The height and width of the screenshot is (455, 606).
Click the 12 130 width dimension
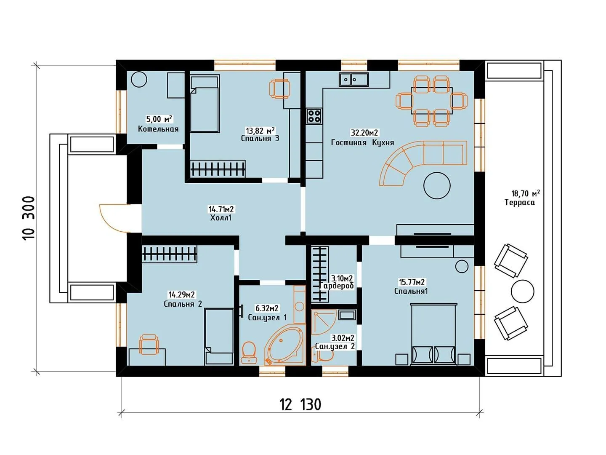coord(300,404)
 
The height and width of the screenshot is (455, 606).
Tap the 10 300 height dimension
coord(29,218)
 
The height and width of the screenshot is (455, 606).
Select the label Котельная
coord(158,129)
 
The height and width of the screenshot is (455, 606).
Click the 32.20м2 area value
coord(364,133)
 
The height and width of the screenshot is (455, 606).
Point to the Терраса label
coord(520,203)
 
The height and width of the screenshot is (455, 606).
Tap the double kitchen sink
coord(353,80)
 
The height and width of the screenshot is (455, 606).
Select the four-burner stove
coord(314,116)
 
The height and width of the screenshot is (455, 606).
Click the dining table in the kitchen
coord(431,101)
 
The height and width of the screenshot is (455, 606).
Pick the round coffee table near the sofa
coord(437,185)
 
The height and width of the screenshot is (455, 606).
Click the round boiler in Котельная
coord(139,80)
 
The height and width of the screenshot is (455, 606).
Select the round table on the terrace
coord(522,292)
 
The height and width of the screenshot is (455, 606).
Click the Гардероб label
coord(337,286)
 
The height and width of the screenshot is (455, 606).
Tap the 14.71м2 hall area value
coord(221,209)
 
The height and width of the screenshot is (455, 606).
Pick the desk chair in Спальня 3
coord(279,88)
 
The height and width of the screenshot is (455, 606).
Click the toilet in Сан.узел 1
coord(249,353)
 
